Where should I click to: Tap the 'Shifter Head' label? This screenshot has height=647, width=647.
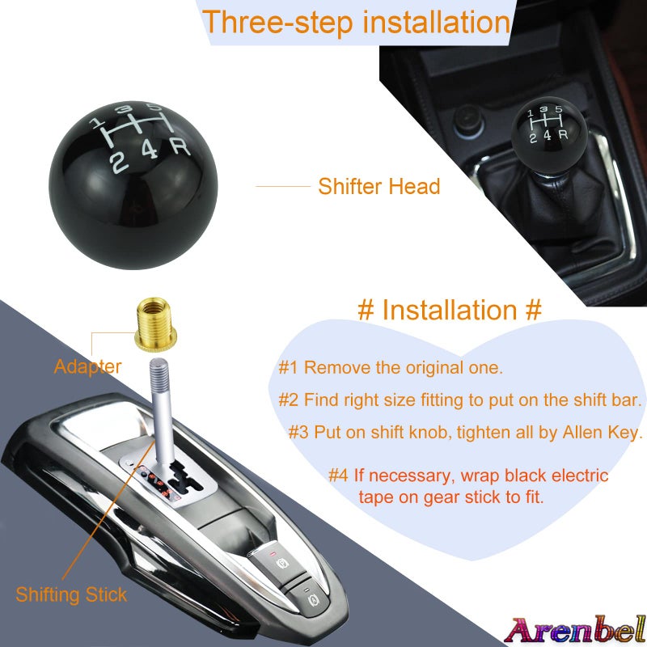[x=378, y=187]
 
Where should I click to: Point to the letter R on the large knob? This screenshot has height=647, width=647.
[x=180, y=148]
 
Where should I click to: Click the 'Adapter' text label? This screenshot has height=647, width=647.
[x=87, y=366]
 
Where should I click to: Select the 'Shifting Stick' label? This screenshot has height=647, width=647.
[x=71, y=595]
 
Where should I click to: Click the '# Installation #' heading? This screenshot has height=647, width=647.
[x=449, y=310]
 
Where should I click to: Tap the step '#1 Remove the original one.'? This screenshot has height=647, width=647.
[x=391, y=368]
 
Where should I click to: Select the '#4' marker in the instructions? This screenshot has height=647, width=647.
[x=338, y=475]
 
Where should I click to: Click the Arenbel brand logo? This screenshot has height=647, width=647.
[x=575, y=628]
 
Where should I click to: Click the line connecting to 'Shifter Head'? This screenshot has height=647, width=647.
[x=283, y=187]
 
